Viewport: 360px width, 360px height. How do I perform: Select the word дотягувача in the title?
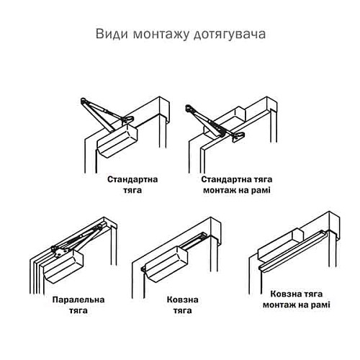227,34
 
